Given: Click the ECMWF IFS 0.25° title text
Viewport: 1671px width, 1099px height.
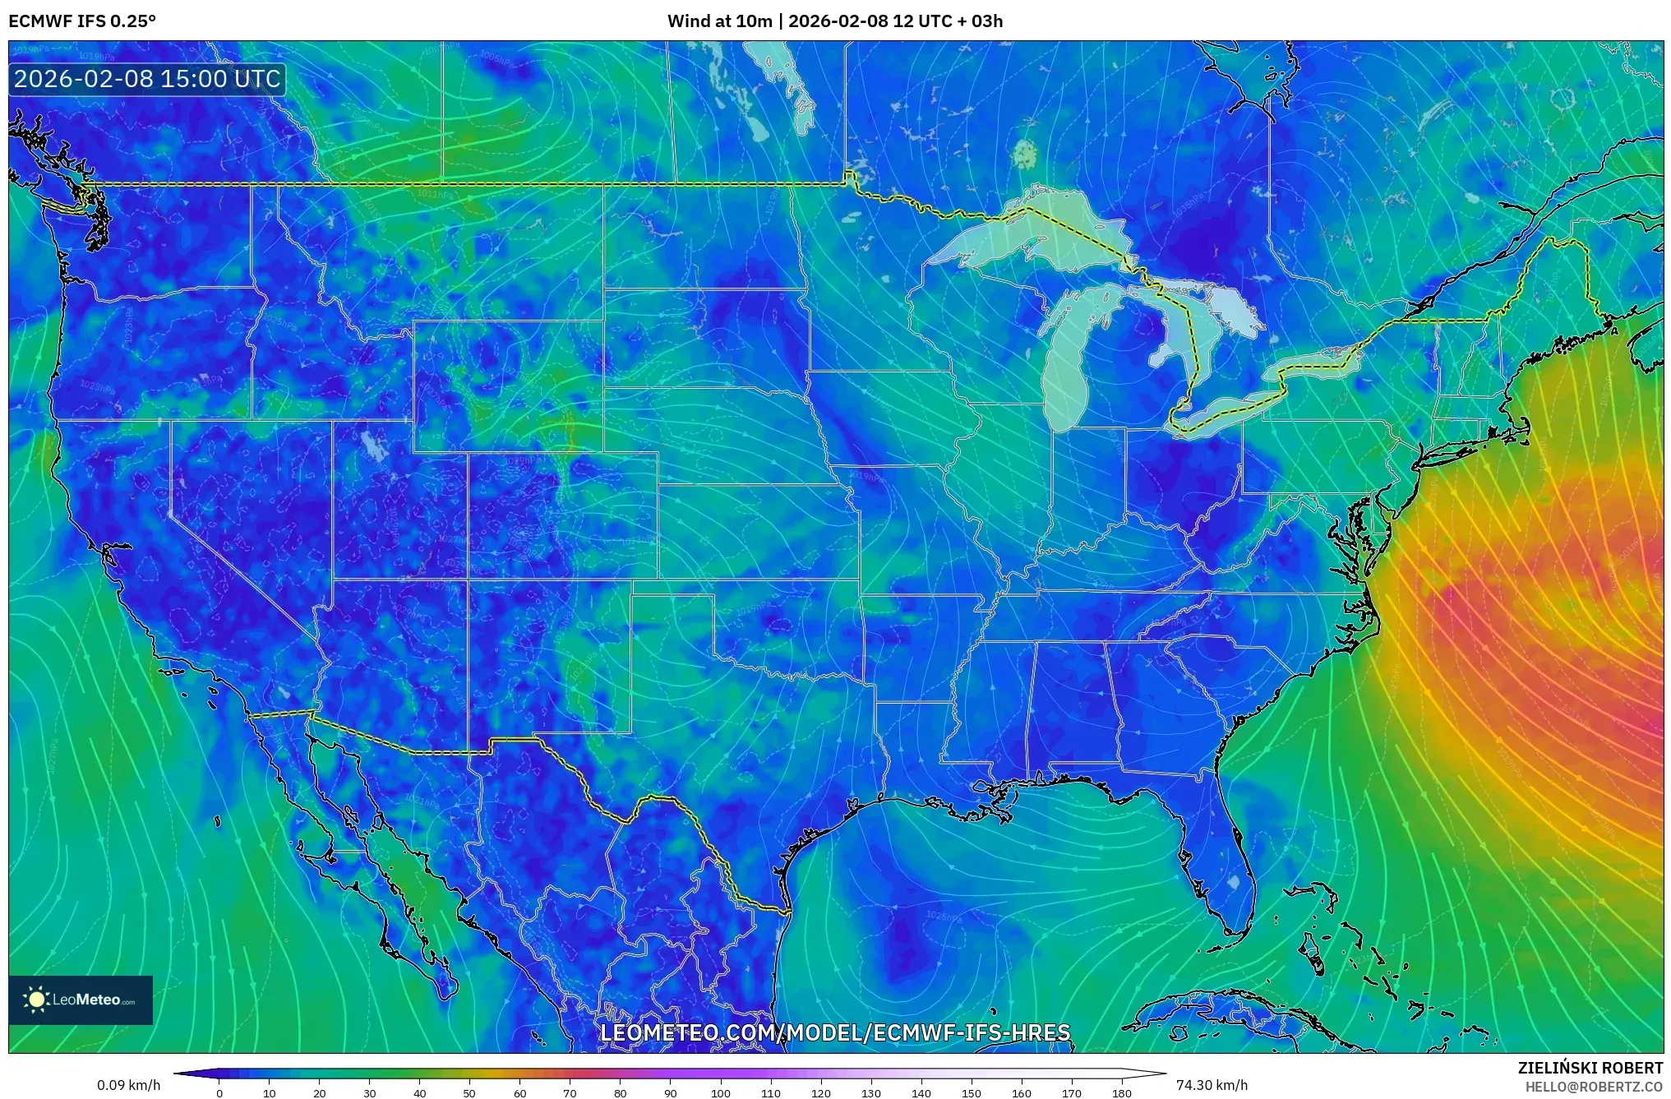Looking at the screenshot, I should (x=81, y=21).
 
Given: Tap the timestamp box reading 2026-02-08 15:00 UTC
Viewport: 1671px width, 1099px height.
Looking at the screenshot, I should (x=147, y=79).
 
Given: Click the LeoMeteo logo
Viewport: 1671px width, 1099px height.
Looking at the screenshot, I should (x=81, y=1000).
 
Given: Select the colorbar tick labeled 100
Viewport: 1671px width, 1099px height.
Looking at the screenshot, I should (x=720, y=1092).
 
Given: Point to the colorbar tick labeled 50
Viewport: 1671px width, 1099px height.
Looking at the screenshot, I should (x=469, y=1092).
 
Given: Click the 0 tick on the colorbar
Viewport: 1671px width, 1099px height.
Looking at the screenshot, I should (x=219, y=1092).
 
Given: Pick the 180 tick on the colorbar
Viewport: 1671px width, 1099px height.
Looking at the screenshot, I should (x=1121, y=1092).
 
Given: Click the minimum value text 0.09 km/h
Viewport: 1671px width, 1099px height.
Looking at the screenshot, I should (x=128, y=1085).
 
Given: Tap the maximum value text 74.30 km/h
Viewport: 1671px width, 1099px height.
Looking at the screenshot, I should (x=1212, y=1085).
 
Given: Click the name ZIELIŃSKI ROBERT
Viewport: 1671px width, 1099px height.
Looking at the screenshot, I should (x=1590, y=1068).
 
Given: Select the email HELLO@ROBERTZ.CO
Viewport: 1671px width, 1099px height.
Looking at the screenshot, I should (x=1594, y=1087).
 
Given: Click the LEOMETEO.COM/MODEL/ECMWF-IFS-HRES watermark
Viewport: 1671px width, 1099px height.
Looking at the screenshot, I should (x=835, y=1032).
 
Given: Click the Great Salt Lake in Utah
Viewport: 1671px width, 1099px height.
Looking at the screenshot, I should (x=374, y=446).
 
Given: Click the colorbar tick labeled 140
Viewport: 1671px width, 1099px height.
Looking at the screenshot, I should (x=921, y=1092).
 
